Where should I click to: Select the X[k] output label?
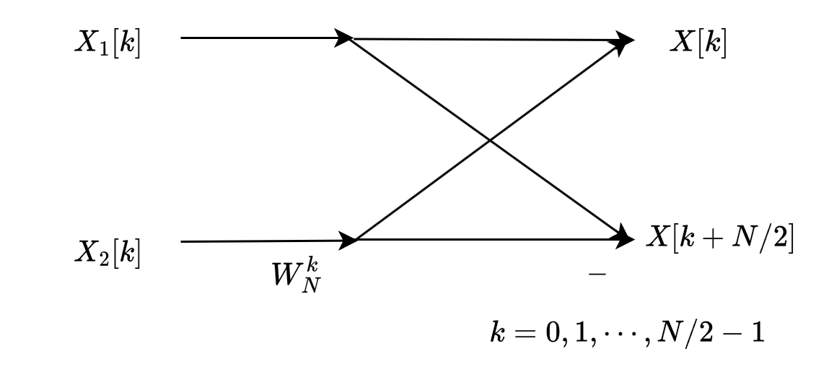click(x=697, y=43)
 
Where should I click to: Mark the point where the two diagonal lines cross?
click(x=490, y=139)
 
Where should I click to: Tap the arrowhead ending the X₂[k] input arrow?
click(x=349, y=240)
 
